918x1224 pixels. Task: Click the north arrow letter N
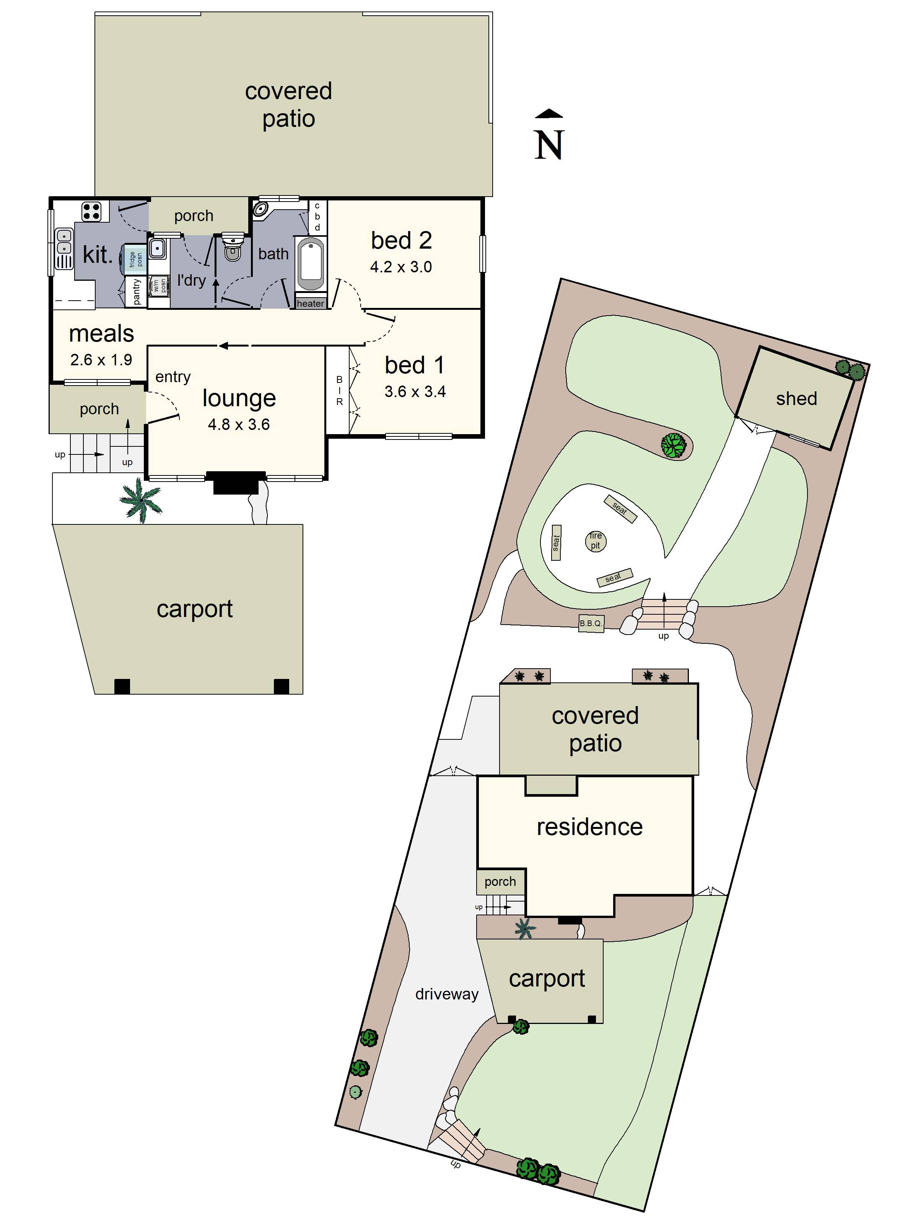(x=549, y=145)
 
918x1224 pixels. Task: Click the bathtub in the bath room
(x=311, y=264)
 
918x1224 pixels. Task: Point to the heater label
(x=311, y=303)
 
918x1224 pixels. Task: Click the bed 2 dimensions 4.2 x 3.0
(x=400, y=267)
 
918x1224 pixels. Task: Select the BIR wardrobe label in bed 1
(x=339, y=391)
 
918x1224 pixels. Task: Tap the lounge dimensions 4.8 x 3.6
(x=239, y=425)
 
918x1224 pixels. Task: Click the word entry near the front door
(x=173, y=377)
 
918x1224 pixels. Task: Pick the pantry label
(x=137, y=291)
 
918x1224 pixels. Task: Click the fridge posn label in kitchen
(x=135, y=259)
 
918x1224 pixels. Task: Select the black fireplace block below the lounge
(x=236, y=482)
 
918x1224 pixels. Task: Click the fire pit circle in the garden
(x=596, y=540)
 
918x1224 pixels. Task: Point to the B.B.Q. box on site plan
(x=591, y=623)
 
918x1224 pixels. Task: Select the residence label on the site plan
(x=589, y=827)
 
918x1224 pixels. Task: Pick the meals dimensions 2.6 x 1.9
(x=101, y=360)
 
